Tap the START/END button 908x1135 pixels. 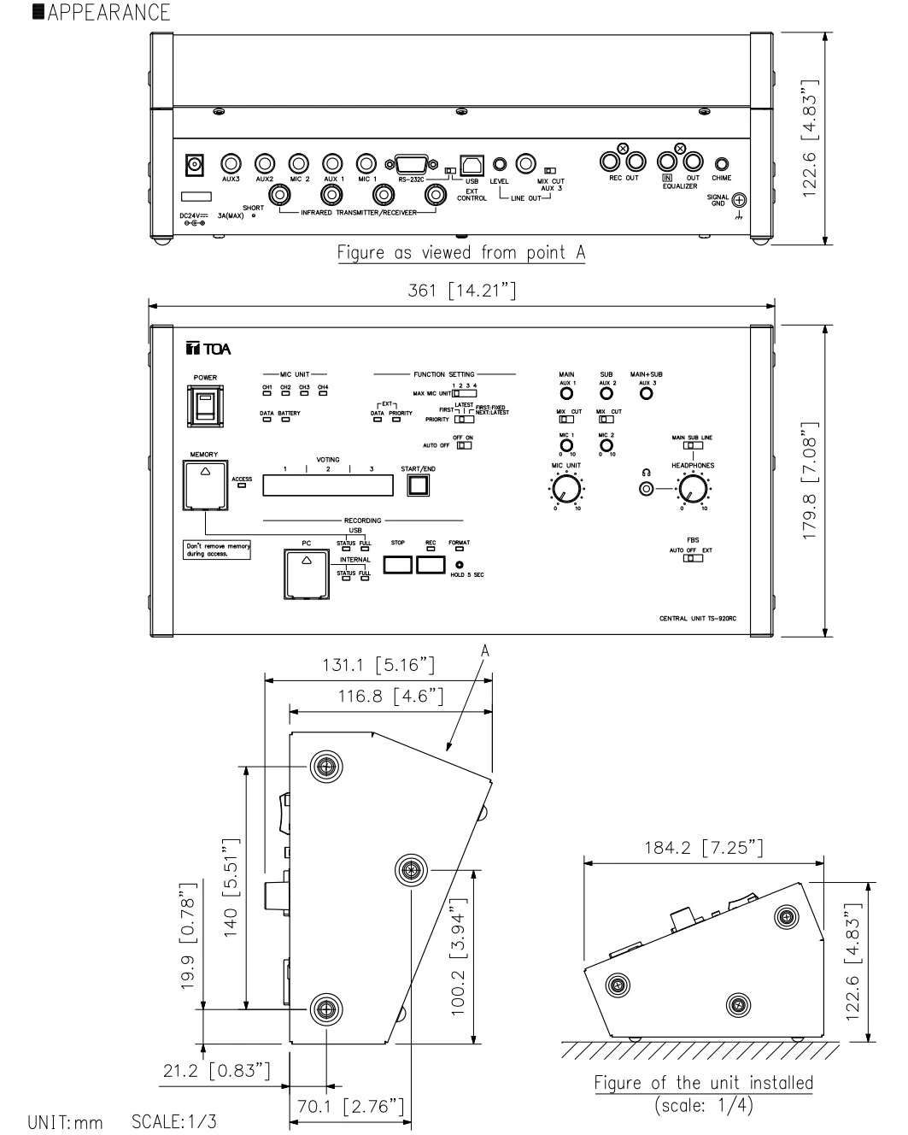pyautogui.click(x=418, y=485)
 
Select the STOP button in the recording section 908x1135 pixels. pyautogui.click(x=398, y=564)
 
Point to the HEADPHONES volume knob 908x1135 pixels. pyautogui.click(x=692, y=489)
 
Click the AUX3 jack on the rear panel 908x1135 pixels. pyautogui.click(x=231, y=162)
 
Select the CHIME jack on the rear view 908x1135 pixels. pyautogui.click(x=721, y=163)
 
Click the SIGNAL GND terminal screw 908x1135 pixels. pyautogui.click(x=739, y=200)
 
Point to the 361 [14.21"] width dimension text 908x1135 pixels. pyautogui.click(x=461, y=291)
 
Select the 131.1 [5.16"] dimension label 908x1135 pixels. pyautogui.click(x=378, y=664)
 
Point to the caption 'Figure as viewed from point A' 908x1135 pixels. pyautogui.click(x=461, y=252)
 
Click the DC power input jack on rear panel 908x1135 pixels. pyautogui.click(x=196, y=162)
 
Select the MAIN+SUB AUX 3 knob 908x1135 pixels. pyautogui.click(x=647, y=394)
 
